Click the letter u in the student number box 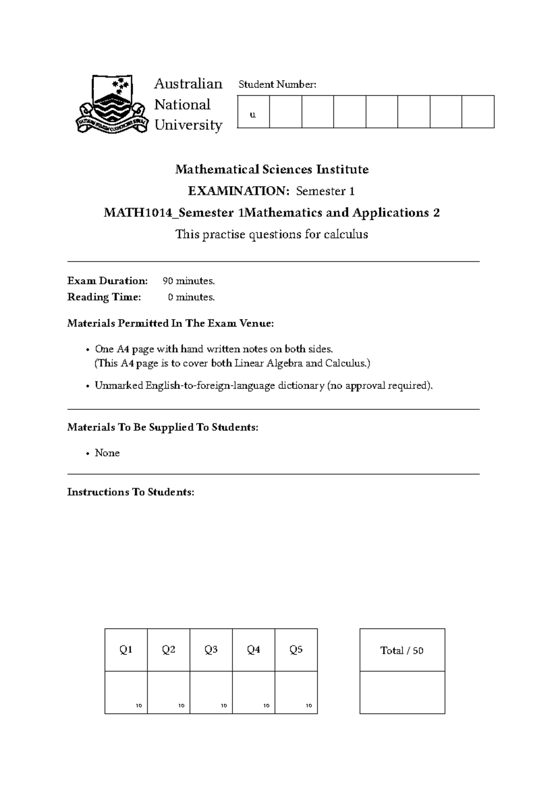click(253, 115)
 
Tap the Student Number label click(277, 84)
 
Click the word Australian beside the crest click(188, 84)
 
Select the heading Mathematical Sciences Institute click(272, 169)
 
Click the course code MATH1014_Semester click(168, 213)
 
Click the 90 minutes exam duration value click(189, 281)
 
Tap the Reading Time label click(104, 297)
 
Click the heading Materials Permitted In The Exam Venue click(171, 323)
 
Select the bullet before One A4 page click(88, 350)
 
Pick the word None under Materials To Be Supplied click(107, 453)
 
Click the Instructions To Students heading click(131, 492)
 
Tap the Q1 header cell click(126, 649)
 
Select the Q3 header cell click(211, 649)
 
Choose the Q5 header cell click(296, 649)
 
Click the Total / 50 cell click(402, 650)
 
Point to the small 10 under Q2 click(181, 706)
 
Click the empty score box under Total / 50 click(402, 692)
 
